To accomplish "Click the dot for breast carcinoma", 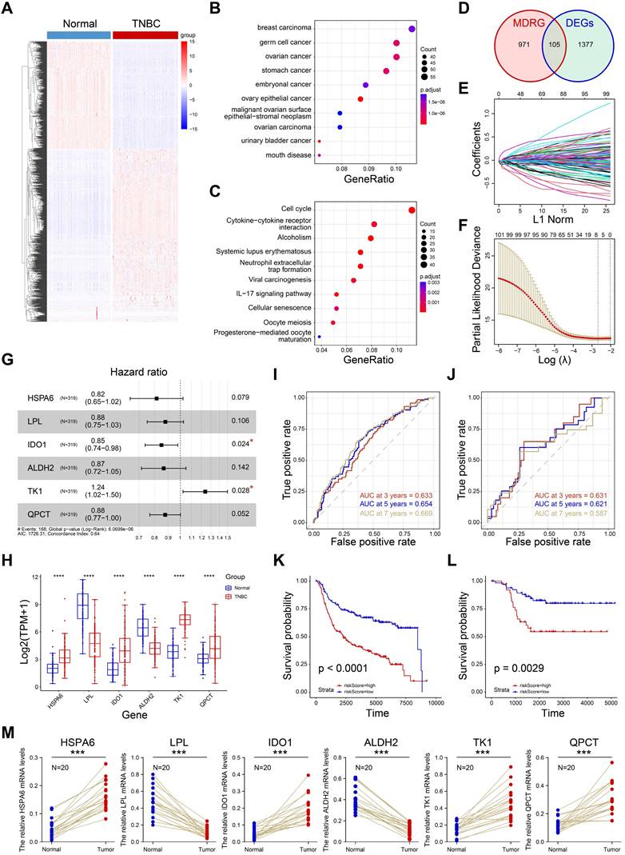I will coord(412,29).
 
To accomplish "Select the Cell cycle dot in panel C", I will coord(412,210).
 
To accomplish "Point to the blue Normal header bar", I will coord(79,35).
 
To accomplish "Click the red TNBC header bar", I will coord(145,35).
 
